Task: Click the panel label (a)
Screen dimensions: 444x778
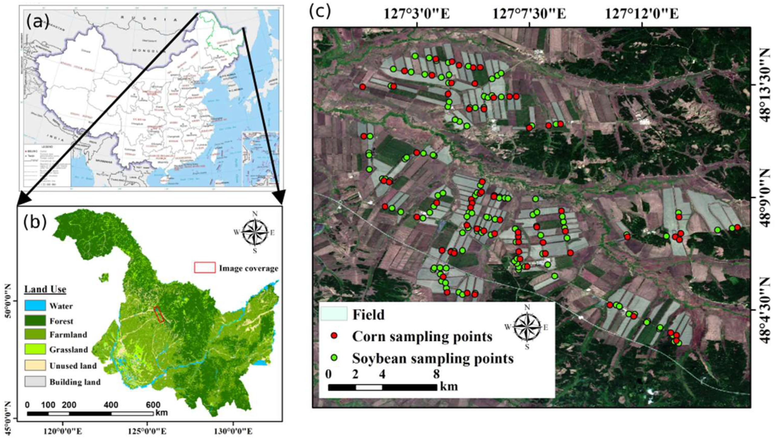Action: click(37, 22)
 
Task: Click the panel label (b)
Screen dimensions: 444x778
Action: click(35, 222)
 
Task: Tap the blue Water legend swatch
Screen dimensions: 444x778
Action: click(35, 306)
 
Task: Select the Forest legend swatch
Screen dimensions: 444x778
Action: click(35, 321)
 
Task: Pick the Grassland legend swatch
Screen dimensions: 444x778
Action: click(35, 349)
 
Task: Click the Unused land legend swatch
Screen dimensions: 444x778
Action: click(35, 365)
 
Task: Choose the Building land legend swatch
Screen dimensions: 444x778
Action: click(35, 381)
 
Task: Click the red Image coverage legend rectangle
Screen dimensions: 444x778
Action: click(205, 267)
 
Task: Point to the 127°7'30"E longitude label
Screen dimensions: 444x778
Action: click(529, 14)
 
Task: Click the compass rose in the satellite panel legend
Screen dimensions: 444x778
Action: click(527, 327)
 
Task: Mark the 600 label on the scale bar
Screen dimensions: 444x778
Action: click(153, 405)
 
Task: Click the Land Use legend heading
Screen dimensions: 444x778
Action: click(45, 289)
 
